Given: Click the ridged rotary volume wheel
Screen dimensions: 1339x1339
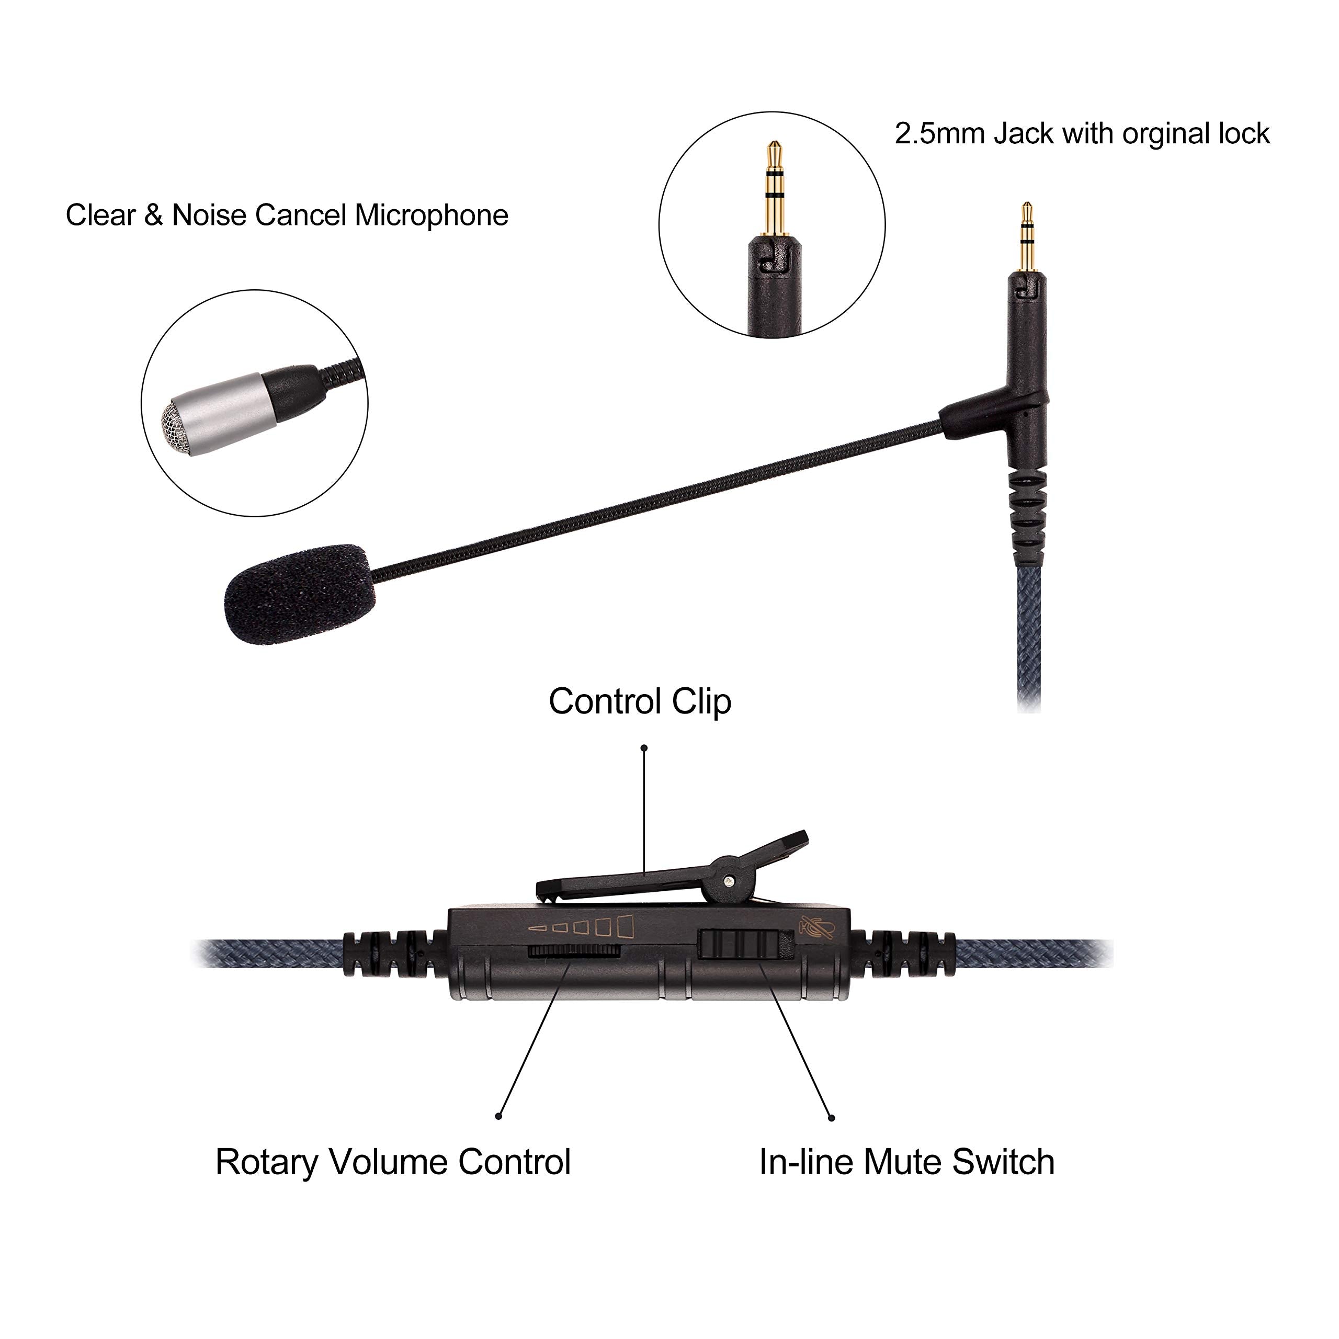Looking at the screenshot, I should (x=572, y=951).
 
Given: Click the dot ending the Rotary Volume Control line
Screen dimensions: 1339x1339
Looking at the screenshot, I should (x=498, y=1116).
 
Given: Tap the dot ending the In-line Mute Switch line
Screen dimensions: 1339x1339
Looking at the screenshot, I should (x=832, y=1118).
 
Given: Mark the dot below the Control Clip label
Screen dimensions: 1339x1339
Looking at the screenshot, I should (x=644, y=748).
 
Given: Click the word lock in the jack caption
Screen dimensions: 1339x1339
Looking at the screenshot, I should (x=1245, y=134).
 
